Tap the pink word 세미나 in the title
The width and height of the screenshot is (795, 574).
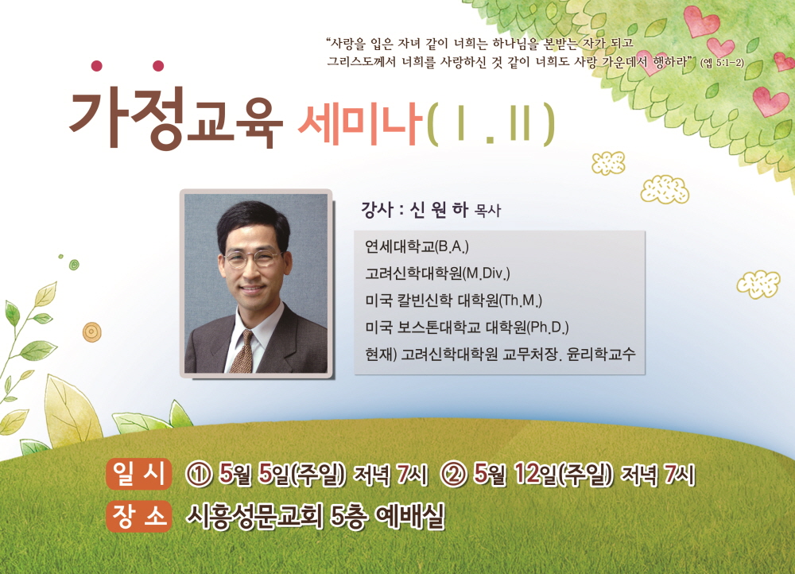(x=360, y=124)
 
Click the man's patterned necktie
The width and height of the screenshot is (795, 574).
(x=243, y=351)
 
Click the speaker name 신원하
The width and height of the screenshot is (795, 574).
(x=439, y=209)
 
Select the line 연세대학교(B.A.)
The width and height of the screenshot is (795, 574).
(x=417, y=247)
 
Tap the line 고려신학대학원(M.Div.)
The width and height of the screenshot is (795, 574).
(x=437, y=273)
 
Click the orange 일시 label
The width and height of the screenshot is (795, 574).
(x=138, y=475)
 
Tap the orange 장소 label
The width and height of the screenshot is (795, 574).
(x=138, y=516)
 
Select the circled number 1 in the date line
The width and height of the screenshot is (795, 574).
(x=199, y=475)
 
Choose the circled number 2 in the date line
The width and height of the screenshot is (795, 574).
(x=454, y=475)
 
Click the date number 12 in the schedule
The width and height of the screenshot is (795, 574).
(x=526, y=474)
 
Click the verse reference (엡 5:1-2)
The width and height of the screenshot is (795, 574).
(x=722, y=64)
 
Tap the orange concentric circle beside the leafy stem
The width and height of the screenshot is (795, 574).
(x=91, y=332)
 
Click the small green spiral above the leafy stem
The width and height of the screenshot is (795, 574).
(x=74, y=264)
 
